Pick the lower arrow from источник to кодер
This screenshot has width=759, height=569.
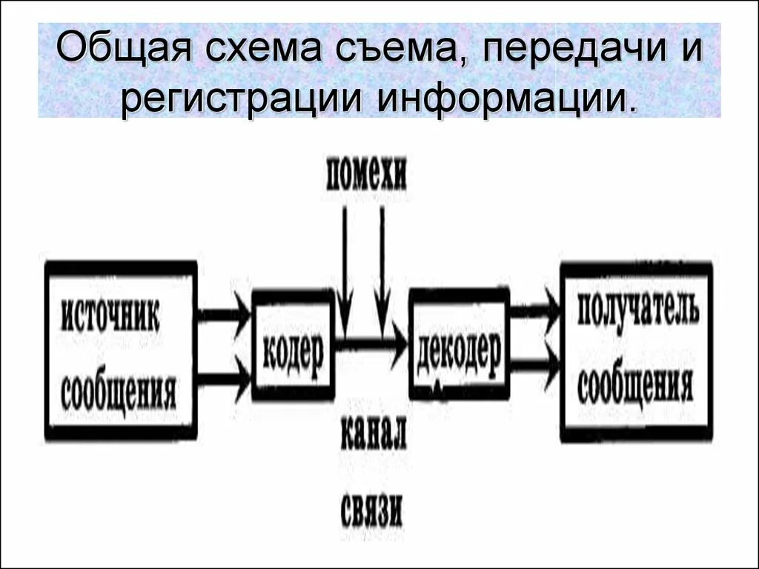225,378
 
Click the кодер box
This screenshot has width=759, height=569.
294,346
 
